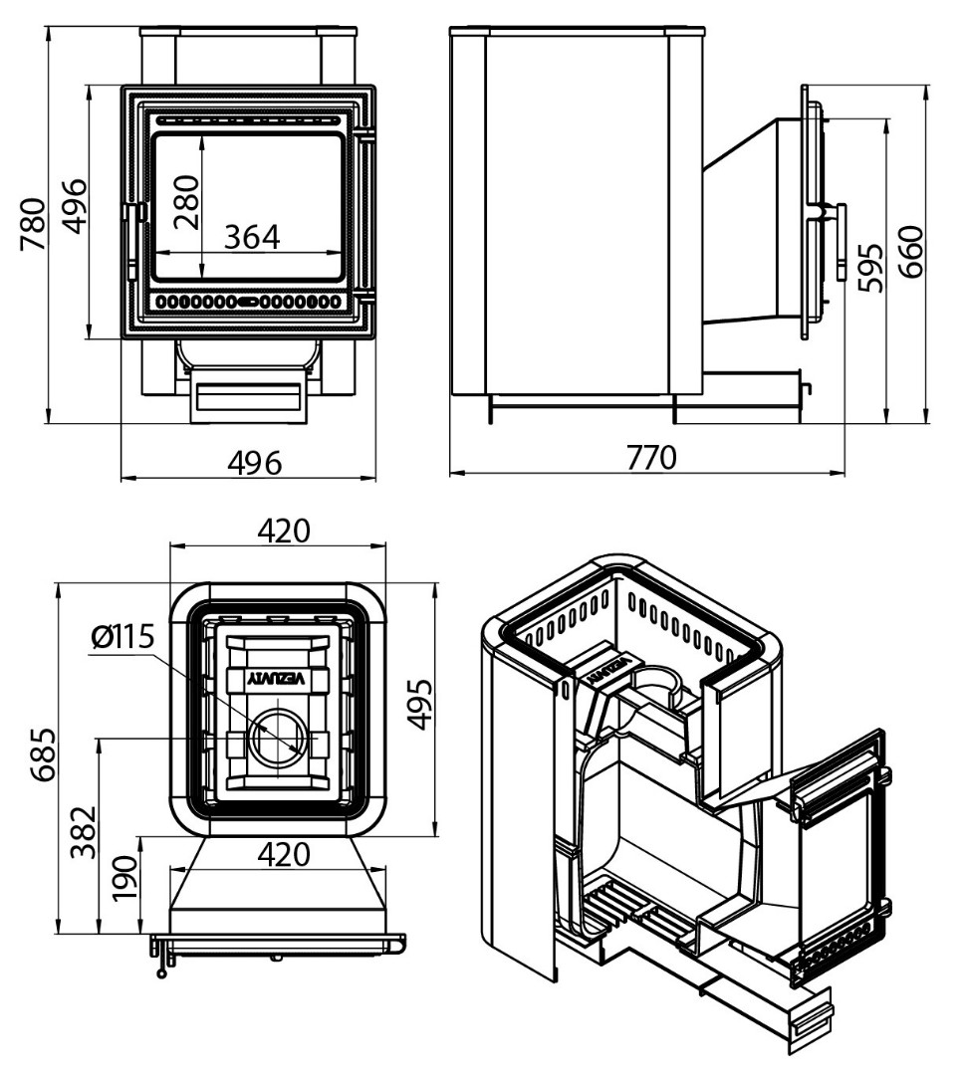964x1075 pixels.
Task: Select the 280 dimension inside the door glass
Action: coord(186,203)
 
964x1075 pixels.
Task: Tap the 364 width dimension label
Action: coord(252,237)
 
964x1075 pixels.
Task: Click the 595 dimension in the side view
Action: coord(869,267)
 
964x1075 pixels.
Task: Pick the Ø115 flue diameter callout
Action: coord(121,636)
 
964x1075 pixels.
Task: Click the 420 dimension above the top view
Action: coord(284,531)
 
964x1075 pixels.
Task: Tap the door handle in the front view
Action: coord(128,228)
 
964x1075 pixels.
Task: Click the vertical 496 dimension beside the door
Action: coord(75,207)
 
